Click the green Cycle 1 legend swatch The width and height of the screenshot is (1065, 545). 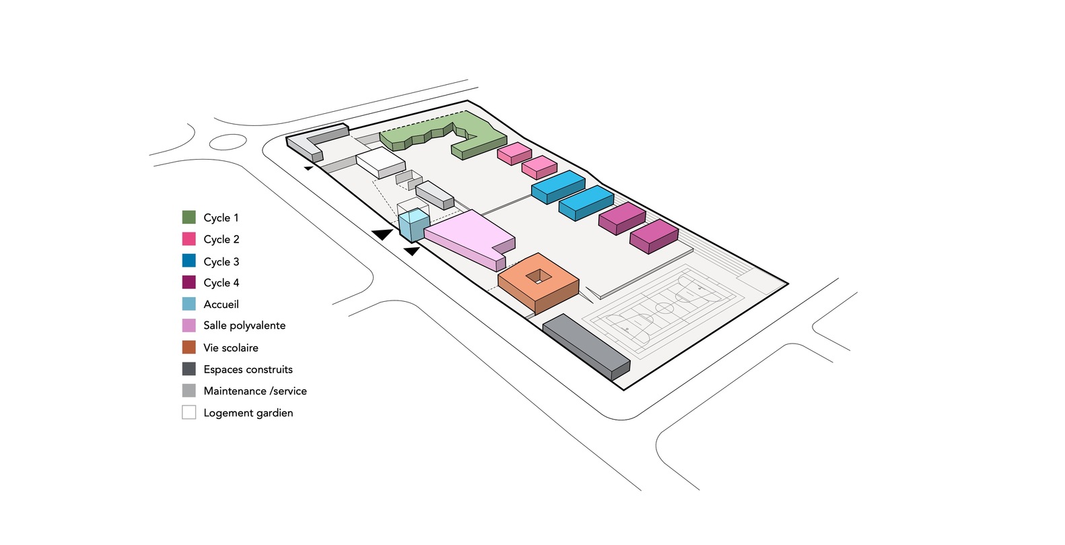188,217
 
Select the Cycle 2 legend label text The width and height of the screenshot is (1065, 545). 221,239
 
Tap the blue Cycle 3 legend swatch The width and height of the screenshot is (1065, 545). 188,261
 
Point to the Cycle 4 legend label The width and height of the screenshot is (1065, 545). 221,283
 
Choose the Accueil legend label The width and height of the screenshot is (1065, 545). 221,304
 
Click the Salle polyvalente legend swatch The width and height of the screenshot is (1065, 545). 188,325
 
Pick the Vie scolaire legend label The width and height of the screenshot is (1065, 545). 231,348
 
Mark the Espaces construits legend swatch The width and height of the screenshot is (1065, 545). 188,369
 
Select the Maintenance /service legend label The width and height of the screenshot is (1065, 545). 255,391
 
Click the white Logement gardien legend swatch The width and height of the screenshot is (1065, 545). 188,412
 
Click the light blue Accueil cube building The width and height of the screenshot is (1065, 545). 413,225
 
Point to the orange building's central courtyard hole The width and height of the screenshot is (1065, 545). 538,276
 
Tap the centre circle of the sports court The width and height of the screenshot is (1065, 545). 664,309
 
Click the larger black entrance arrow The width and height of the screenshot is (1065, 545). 383,234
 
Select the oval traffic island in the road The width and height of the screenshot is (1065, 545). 228,142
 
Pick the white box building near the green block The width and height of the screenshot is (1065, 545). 380,162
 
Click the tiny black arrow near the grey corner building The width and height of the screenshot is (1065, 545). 309,168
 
